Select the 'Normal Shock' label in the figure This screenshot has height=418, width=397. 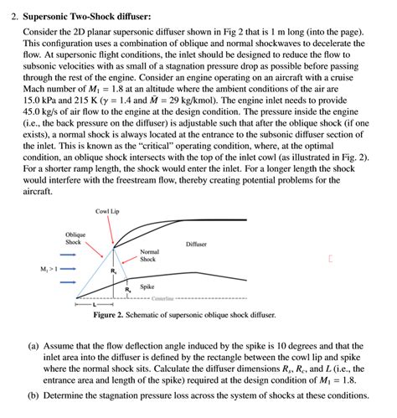pos(149,255)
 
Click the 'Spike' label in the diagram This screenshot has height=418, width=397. pos(147,286)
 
